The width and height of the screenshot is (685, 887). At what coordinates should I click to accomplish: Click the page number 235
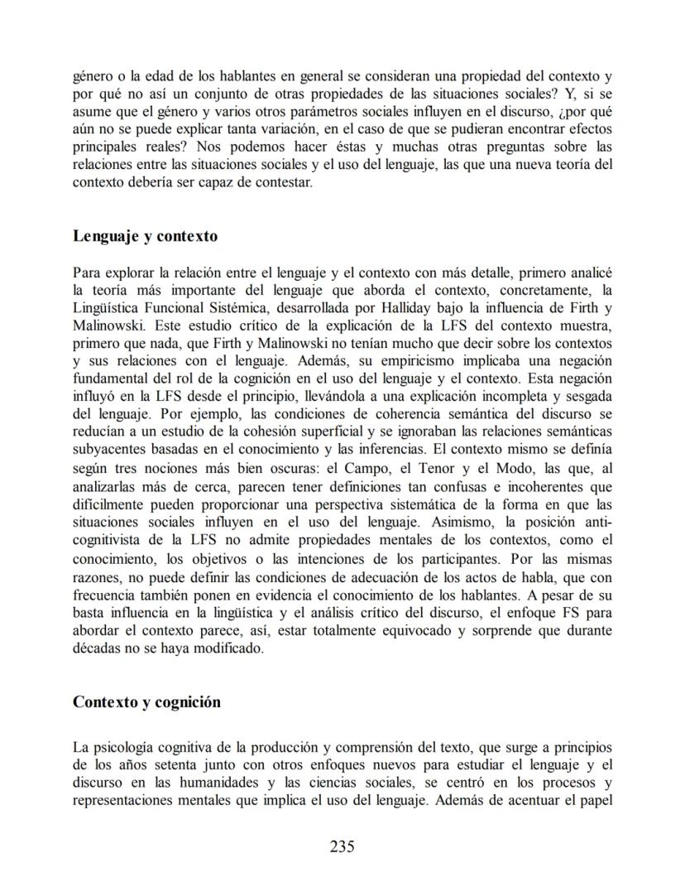342,846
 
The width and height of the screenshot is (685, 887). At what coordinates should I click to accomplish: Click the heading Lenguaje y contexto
145,236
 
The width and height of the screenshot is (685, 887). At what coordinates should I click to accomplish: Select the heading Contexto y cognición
146,702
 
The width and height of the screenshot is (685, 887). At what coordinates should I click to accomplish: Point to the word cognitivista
108,541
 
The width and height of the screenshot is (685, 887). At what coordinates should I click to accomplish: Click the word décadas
98,649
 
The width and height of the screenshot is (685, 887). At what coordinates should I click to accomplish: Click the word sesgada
587,397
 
